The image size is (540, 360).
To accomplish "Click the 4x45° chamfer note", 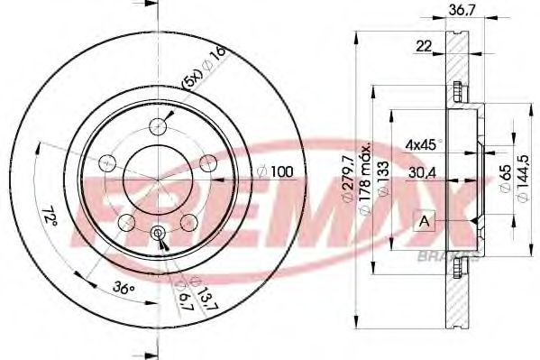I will (425, 143).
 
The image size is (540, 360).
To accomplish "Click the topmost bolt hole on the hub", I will (159, 125).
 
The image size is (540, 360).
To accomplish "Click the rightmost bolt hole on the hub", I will (209, 162).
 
